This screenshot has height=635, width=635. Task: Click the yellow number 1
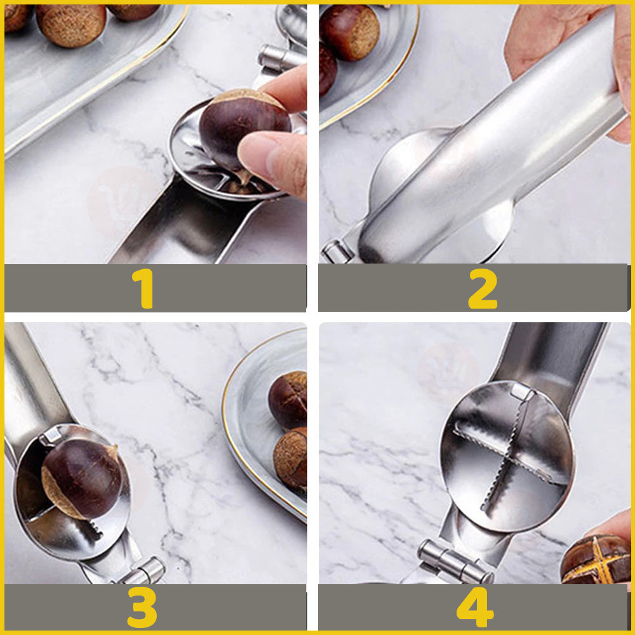click(x=143, y=288)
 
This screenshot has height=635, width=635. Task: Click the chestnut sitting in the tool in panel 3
click(x=81, y=479)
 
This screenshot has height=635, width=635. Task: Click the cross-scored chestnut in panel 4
click(x=598, y=559)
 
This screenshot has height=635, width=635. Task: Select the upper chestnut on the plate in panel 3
click(x=289, y=399)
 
